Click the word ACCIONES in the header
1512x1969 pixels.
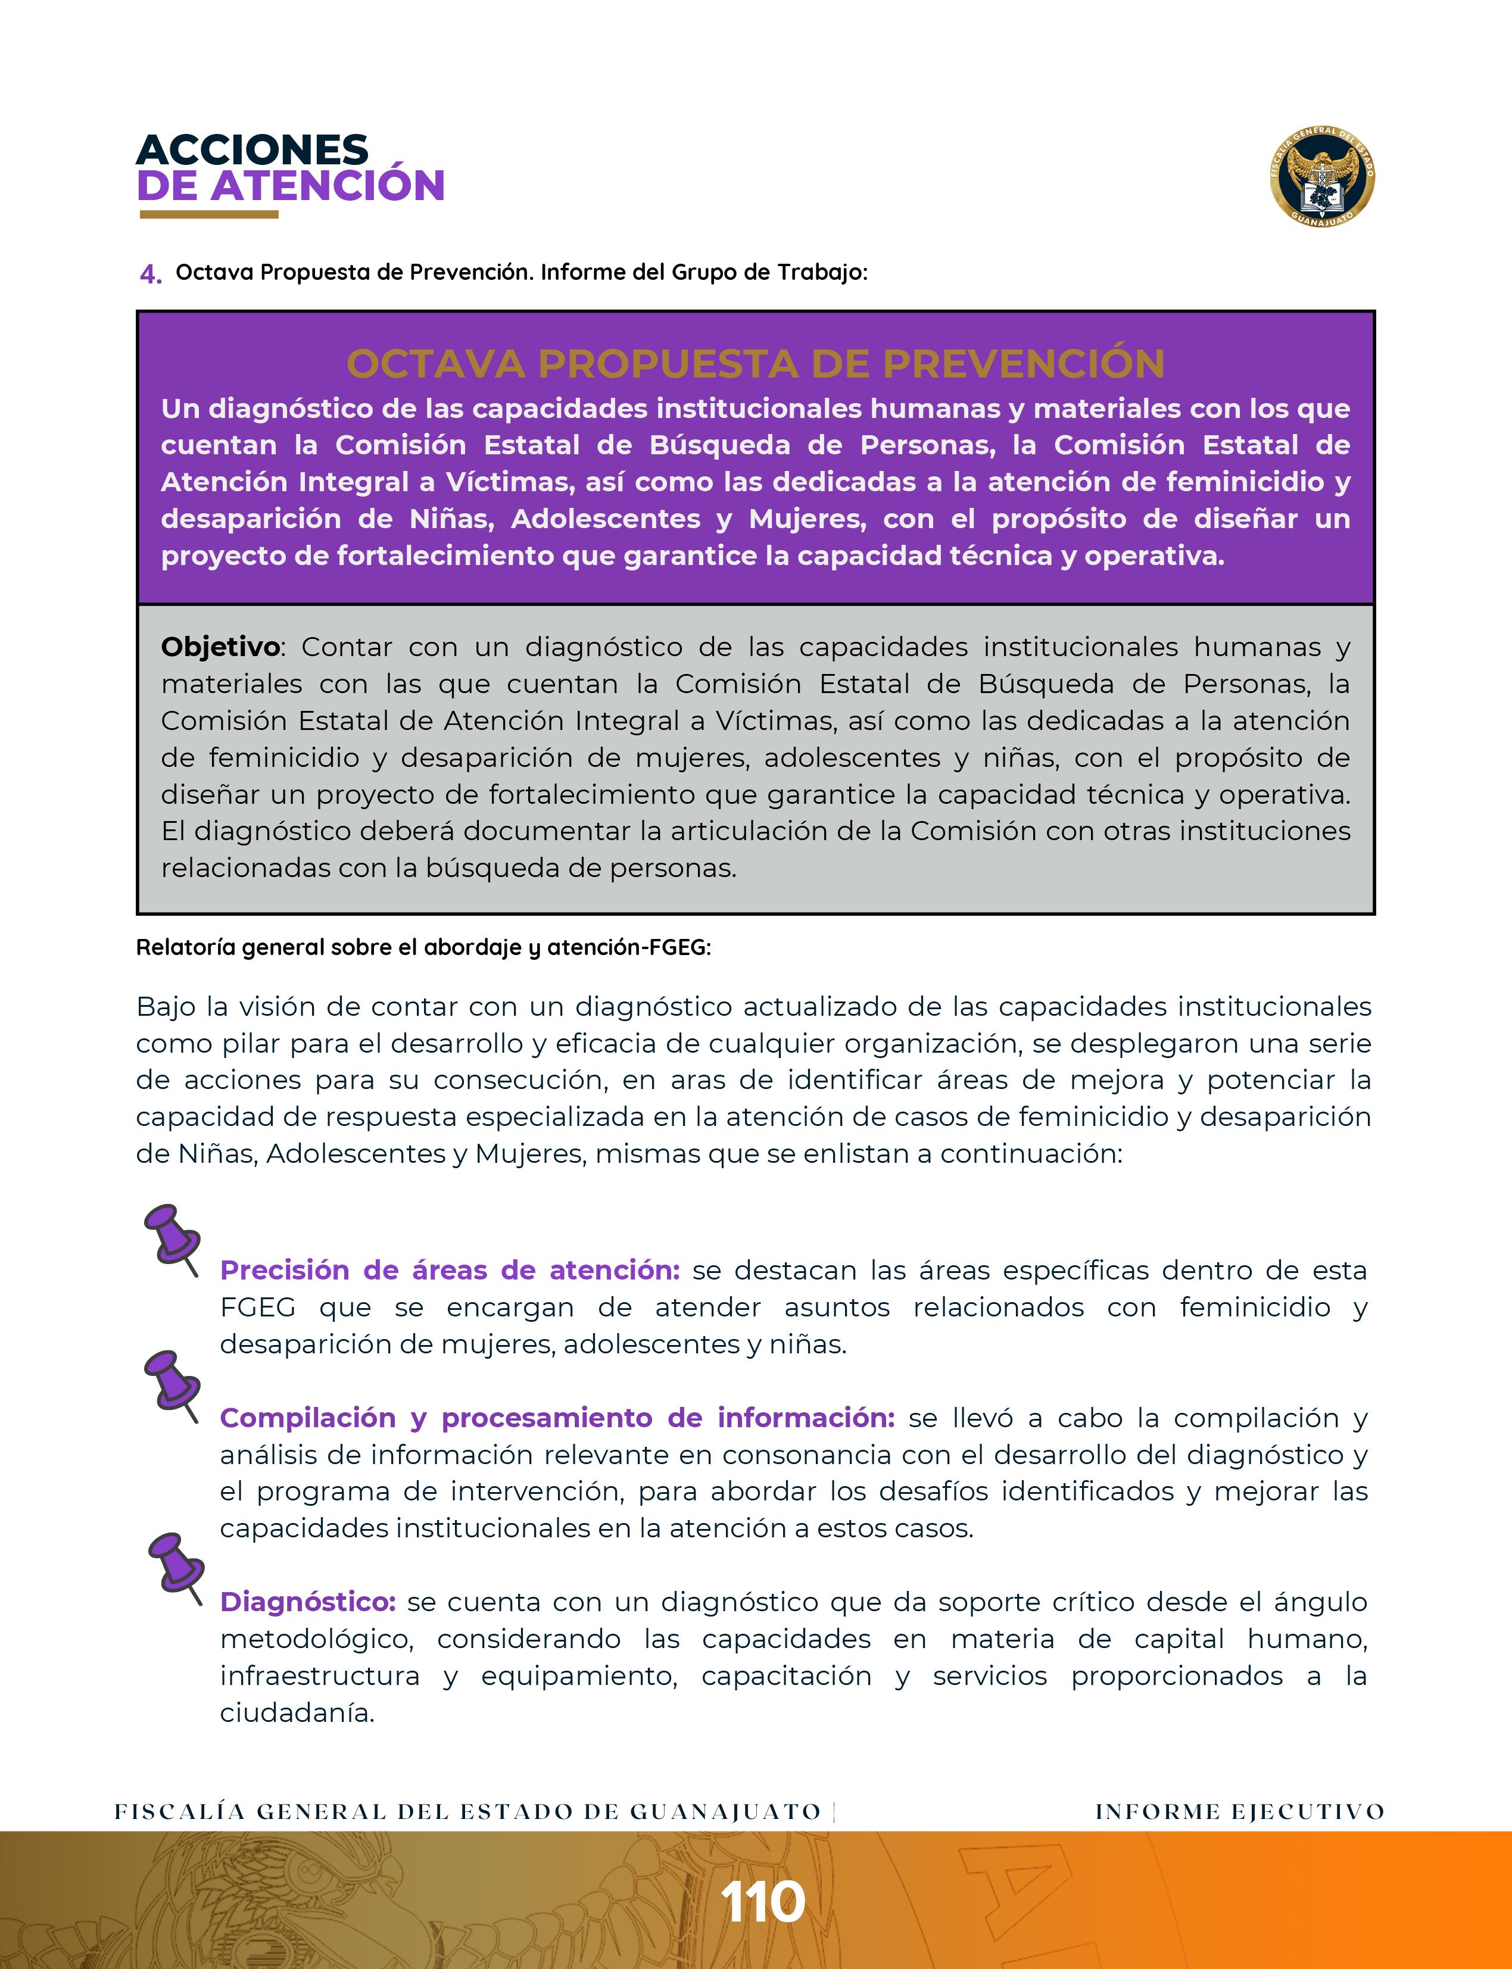pos(252,149)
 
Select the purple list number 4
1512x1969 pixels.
pos(149,273)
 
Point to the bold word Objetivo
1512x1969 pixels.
pos(220,647)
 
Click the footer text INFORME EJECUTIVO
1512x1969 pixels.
pos(1239,1812)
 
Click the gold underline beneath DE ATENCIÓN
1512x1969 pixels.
pos(209,215)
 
